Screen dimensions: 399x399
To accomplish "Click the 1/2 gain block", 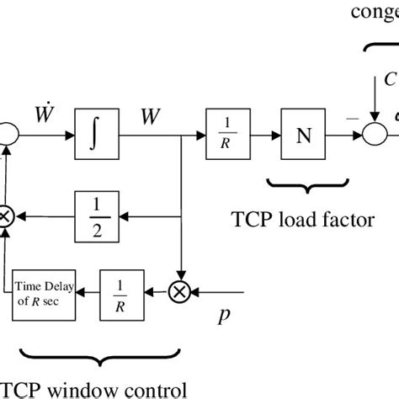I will click(97, 216).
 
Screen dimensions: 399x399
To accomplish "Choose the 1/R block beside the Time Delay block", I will click(122, 294).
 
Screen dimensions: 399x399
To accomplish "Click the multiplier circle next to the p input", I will click(181, 293).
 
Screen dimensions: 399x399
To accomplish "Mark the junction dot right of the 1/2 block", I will click(180, 216).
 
